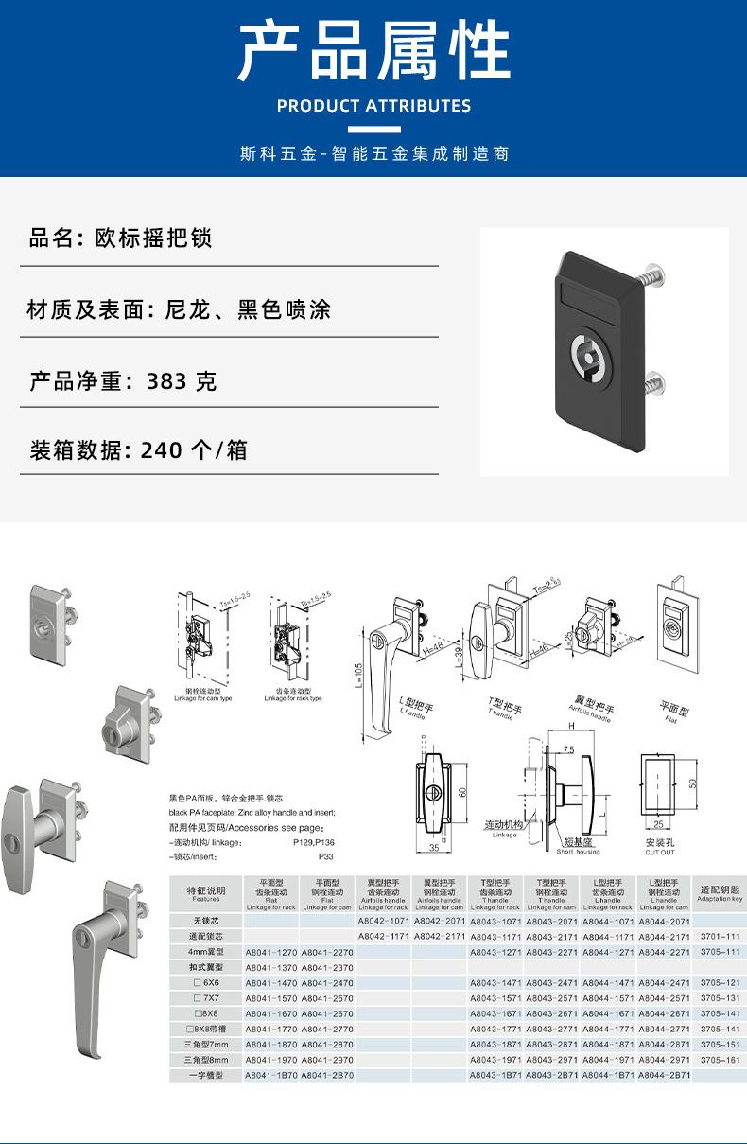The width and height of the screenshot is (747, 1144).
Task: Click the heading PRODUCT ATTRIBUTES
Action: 373,106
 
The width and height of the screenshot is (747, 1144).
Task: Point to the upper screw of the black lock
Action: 651,276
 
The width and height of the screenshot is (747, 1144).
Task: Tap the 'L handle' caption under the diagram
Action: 414,713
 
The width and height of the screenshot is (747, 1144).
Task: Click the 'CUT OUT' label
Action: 660,852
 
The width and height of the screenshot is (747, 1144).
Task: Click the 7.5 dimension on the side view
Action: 568,749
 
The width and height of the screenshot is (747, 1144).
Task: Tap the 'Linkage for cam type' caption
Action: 203,698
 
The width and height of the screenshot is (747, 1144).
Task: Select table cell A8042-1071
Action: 383,920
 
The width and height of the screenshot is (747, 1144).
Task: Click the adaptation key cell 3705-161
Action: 721,1060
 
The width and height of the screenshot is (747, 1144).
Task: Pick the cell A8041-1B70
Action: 271,1075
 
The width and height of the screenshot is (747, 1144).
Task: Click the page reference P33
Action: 326,856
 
